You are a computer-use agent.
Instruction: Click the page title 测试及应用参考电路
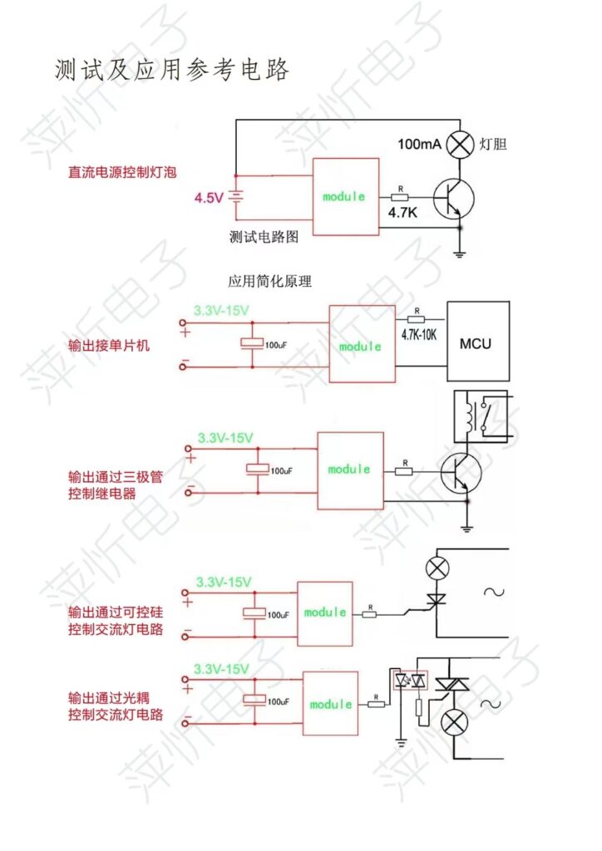(172, 70)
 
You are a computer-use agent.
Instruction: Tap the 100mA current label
(419, 145)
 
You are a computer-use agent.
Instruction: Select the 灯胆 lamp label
(493, 145)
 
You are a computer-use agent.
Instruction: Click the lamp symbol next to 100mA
(459, 145)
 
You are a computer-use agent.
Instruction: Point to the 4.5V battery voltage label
(209, 198)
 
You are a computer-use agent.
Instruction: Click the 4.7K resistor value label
(404, 213)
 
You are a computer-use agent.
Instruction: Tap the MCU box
(475, 342)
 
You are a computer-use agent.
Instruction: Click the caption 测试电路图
(264, 236)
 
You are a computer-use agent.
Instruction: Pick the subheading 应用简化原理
(269, 282)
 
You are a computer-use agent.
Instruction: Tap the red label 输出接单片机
(109, 345)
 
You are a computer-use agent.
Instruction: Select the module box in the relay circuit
(349, 470)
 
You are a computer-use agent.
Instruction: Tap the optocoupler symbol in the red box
(410, 681)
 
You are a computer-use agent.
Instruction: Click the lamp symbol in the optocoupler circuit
(454, 721)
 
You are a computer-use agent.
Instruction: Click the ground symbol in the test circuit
(459, 253)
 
